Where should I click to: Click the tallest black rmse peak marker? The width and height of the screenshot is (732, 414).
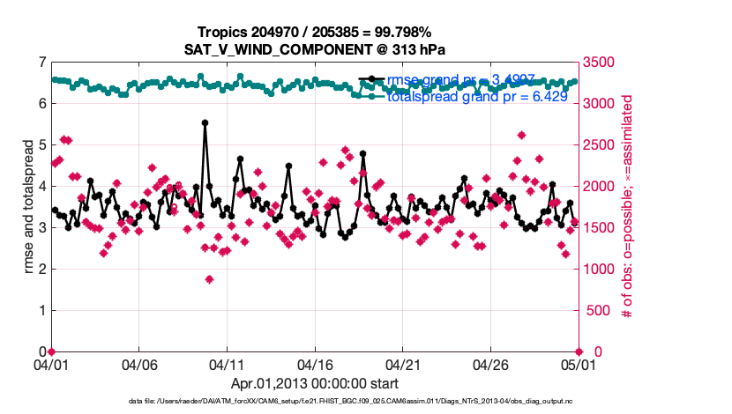pos(205,123)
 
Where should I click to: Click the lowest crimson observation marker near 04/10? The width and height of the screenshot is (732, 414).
pos(209,279)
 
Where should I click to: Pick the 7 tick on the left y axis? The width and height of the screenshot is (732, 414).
pos(42,62)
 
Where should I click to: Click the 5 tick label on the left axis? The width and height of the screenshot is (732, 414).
pos(42,144)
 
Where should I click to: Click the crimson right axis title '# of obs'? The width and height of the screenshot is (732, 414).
pos(628,206)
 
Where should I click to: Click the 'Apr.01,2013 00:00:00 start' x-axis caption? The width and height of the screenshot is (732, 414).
pos(314,383)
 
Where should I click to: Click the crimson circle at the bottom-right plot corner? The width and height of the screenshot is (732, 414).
pos(578,351)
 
